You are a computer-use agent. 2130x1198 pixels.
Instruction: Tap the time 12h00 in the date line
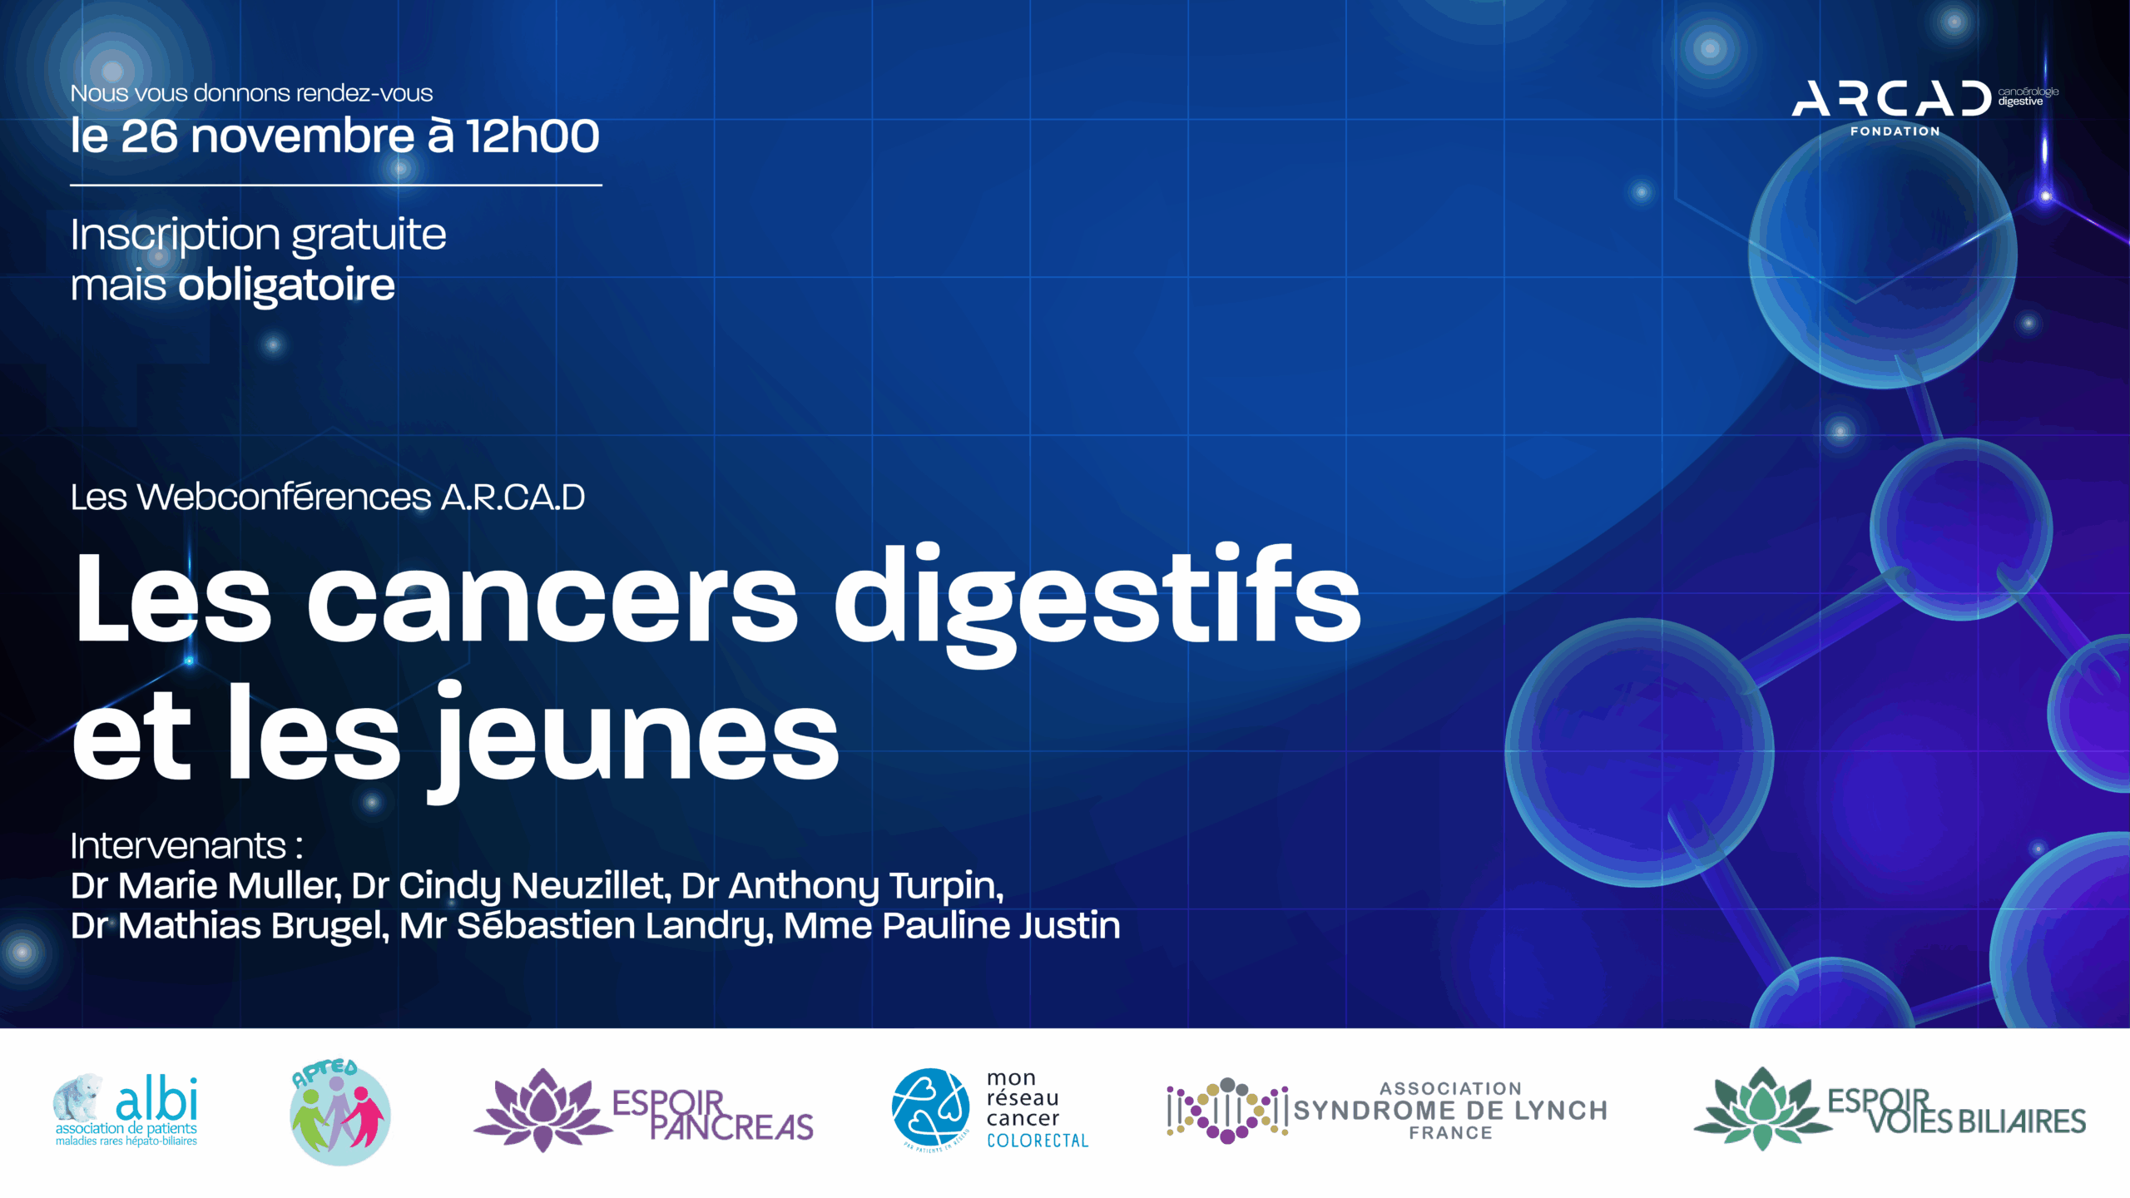(x=532, y=136)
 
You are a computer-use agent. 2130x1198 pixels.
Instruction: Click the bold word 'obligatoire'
(x=286, y=285)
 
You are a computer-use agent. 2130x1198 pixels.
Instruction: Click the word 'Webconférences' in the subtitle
(x=284, y=497)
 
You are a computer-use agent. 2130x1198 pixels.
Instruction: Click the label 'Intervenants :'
(x=186, y=845)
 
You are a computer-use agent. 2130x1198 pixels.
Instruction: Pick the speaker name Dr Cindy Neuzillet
(x=511, y=887)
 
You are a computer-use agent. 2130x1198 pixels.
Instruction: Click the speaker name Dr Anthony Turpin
(x=842, y=887)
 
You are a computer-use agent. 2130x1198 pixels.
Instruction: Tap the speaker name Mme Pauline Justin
(x=952, y=925)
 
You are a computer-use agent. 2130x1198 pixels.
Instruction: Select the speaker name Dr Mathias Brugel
(x=230, y=927)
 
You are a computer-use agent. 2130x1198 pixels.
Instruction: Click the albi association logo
(x=126, y=1110)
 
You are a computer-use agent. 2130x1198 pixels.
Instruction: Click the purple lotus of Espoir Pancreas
(x=542, y=1111)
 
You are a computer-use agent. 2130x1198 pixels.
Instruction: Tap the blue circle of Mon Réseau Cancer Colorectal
(x=930, y=1107)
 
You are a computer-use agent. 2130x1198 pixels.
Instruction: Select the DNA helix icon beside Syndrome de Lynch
(x=1227, y=1111)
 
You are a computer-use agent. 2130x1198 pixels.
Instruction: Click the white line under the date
(x=336, y=185)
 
